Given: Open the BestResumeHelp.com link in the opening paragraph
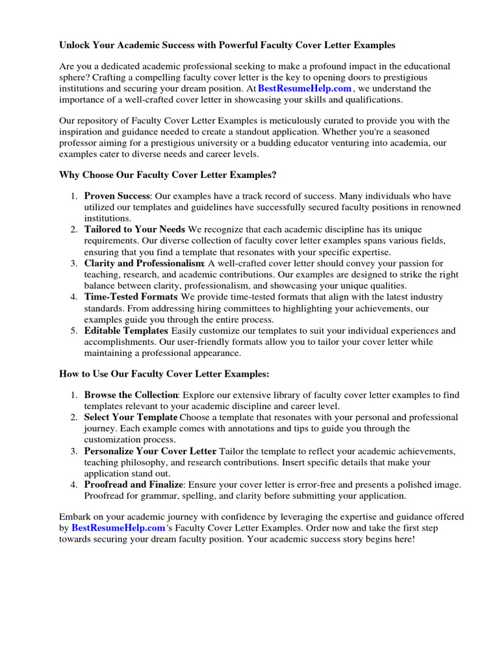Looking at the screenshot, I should coord(305,88).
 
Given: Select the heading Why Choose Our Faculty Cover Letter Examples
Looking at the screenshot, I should coord(168,175).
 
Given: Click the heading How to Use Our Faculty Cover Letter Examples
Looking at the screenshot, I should coord(164,374).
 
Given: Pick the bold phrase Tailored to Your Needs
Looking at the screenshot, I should coord(134,230).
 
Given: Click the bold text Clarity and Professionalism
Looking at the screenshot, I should coord(144,264).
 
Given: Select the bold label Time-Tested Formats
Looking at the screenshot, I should coord(131,297).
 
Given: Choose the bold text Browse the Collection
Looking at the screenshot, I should coord(131,395).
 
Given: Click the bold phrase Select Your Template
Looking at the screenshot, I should coord(131,417).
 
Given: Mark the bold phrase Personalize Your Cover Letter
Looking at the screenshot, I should coord(149,451).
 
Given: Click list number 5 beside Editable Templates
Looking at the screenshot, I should coord(73,331).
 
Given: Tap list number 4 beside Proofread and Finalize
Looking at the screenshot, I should coord(73,484).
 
